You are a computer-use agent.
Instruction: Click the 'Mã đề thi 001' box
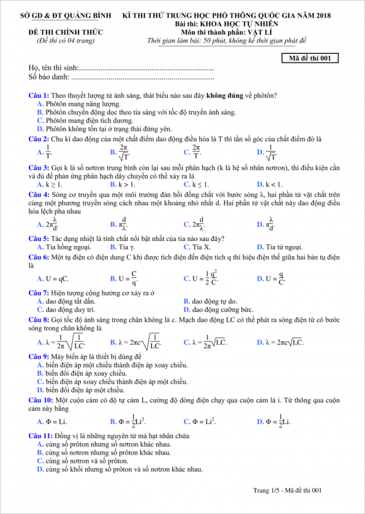tap(309, 57)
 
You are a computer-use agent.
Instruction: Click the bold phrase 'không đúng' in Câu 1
tap(225, 96)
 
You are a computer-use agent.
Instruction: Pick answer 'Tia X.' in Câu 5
tap(201, 247)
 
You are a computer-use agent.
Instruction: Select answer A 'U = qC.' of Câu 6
tap(57, 278)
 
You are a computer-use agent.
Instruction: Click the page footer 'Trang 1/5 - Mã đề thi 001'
tap(287, 490)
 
